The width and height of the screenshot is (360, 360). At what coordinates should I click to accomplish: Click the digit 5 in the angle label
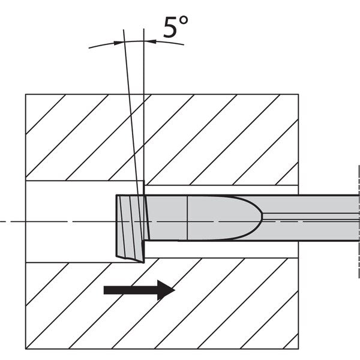tap(170, 27)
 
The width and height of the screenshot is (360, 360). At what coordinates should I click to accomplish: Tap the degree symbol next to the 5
tap(184, 20)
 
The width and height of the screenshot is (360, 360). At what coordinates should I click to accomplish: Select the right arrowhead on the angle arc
tap(150, 41)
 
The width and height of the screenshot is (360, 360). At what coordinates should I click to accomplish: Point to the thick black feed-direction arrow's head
tap(166, 290)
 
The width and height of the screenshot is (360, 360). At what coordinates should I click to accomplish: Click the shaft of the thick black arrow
tap(131, 290)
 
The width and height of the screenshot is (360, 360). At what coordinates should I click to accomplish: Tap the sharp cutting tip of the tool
tap(143, 262)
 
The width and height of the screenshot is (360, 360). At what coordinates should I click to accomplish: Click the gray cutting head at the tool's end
tap(131, 228)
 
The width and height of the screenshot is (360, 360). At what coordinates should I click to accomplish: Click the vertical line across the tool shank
tap(187, 218)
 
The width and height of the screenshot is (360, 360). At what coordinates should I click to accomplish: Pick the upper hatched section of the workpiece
tap(162, 138)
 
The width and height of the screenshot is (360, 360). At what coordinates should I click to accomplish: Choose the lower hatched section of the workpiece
tap(162, 305)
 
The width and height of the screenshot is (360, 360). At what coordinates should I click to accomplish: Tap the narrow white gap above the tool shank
tap(221, 190)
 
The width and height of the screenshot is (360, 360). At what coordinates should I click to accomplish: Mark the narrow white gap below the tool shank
tap(221, 250)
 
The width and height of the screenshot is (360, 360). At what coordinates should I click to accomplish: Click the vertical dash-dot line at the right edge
tap(359, 221)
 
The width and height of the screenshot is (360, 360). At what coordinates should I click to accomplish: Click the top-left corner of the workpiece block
tap(25, 94)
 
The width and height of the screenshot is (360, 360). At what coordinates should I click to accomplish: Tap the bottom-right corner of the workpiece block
tap(298, 349)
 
